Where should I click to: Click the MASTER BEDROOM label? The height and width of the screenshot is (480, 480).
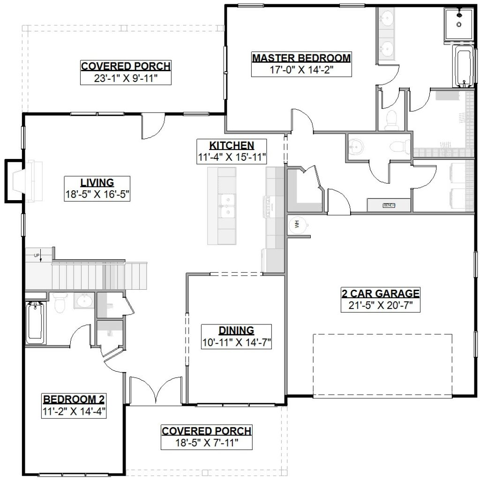301,58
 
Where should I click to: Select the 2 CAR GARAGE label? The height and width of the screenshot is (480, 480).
380,294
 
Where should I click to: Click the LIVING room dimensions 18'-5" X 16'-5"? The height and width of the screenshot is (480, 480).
97,195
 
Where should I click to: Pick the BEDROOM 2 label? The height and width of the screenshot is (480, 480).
74,400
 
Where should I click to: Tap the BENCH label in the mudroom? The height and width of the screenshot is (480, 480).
389,205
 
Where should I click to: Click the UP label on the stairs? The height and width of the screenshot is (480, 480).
37,255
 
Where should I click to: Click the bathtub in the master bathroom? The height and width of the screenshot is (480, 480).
462,66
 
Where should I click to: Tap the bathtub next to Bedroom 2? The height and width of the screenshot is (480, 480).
35,323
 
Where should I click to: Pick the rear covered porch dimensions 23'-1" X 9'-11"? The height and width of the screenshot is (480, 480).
125,78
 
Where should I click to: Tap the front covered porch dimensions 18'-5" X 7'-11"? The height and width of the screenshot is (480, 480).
206,442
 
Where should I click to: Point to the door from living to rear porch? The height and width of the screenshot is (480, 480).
153,125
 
